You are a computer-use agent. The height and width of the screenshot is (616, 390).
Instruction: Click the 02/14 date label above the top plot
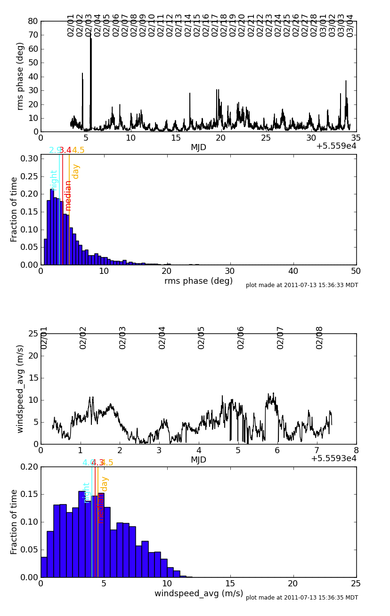[x=188, y=25]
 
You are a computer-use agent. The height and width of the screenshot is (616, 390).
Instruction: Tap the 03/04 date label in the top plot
[x=350, y=25]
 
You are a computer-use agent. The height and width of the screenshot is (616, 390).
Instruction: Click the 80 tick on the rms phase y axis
[x=33, y=21]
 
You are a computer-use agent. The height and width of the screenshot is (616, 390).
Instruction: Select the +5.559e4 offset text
[x=336, y=146]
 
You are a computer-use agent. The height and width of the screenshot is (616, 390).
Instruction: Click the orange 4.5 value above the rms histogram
[x=78, y=151]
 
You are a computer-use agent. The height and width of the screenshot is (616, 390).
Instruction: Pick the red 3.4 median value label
[x=65, y=151]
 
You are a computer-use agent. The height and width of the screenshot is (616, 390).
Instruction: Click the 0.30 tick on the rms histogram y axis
[x=28, y=159]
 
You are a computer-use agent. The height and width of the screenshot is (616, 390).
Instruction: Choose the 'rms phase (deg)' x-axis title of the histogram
[x=198, y=281]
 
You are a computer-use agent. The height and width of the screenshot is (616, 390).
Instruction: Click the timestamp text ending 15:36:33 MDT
[x=302, y=285]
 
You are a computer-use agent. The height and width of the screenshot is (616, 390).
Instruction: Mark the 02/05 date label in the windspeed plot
[x=202, y=337]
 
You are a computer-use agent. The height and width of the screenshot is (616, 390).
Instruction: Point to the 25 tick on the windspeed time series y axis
[x=33, y=334]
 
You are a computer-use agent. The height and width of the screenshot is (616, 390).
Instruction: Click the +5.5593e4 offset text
[x=333, y=458]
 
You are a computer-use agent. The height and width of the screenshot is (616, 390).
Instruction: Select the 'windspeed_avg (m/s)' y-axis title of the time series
[x=20, y=389]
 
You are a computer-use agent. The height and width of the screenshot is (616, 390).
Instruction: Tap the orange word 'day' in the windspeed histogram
[x=105, y=484]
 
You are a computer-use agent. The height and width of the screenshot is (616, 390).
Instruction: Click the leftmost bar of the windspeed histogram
[x=44, y=567]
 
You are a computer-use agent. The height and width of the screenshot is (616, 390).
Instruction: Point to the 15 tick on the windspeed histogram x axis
[x=230, y=584]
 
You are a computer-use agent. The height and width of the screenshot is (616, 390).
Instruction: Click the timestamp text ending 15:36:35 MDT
[x=302, y=598]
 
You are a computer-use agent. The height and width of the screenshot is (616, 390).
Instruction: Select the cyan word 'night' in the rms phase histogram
[x=54, y=180]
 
